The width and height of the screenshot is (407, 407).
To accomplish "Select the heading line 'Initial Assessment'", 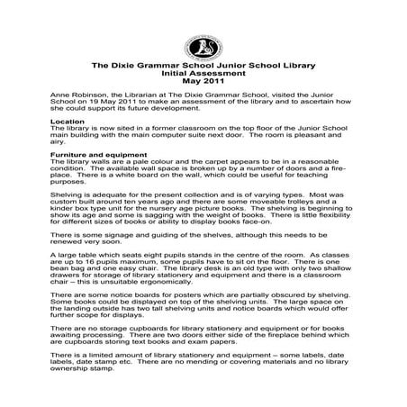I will coord(203,75).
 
